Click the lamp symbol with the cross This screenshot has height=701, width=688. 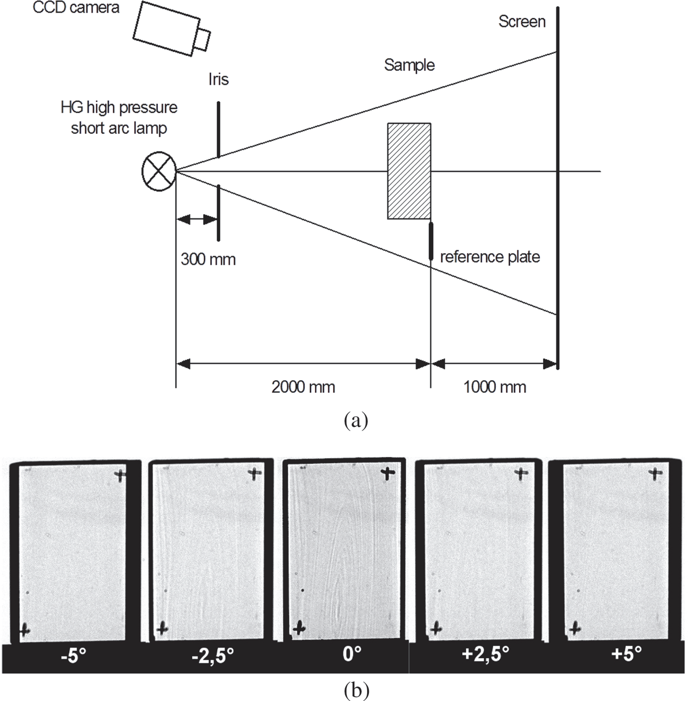point(159,171)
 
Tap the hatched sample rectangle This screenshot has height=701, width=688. point(409,171)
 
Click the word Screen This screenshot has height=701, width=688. point(522,22)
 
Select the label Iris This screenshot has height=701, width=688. point(219,80)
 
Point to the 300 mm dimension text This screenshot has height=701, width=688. point(208,259)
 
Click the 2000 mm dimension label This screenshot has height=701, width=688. point(303,387)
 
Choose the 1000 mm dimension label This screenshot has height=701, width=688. point(495,387)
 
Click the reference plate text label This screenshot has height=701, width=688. point(490,257)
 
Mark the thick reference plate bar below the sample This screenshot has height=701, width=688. point(431,240)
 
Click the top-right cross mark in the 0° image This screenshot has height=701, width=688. point(389,473)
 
